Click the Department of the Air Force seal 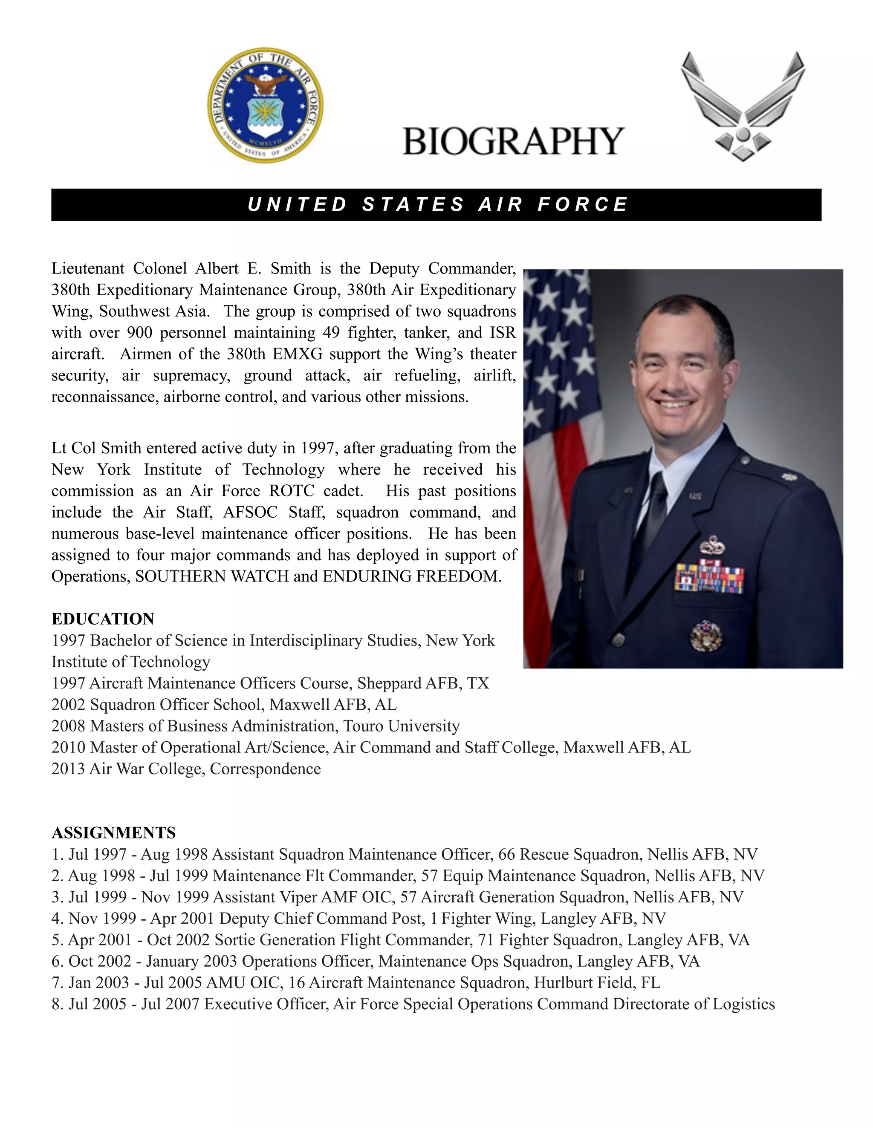[x=265, y=106]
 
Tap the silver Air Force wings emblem [x=742, y=106]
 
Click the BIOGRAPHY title [x=513, y=141]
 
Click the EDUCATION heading [x=103, y=619]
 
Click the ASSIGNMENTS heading [x=114, y=833]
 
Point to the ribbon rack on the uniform [x=708, y=578]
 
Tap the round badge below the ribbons [x=706, y=635]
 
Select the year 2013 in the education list [x=68, y=769]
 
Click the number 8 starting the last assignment [x=56, y=1004]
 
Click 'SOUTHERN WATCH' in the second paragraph [x=211, y=576]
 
